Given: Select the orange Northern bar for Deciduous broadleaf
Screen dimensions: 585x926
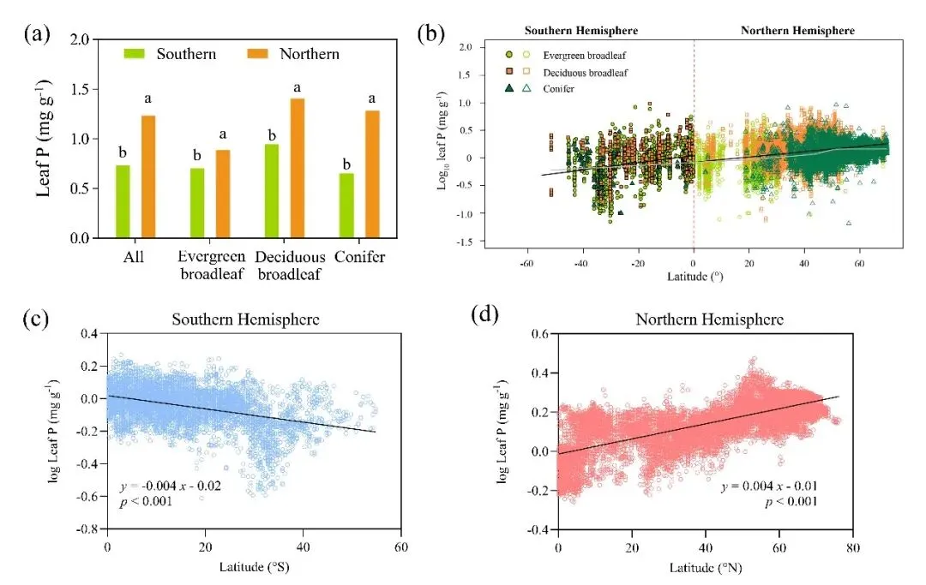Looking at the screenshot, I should point(298,168).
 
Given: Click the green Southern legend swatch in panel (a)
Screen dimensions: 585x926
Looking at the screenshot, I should point(136,54).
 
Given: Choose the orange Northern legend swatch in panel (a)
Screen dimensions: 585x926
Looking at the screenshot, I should point(259,54).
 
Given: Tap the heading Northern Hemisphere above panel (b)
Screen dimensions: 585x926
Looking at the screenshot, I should point(797,31).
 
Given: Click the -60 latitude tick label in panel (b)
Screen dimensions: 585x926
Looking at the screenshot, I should point(526,264).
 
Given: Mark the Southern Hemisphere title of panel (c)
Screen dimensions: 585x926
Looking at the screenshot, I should point(247,319).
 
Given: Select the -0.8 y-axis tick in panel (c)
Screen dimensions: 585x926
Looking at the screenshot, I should point(88,530).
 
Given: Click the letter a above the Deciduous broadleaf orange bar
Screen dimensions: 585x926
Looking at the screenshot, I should point(298,87).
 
